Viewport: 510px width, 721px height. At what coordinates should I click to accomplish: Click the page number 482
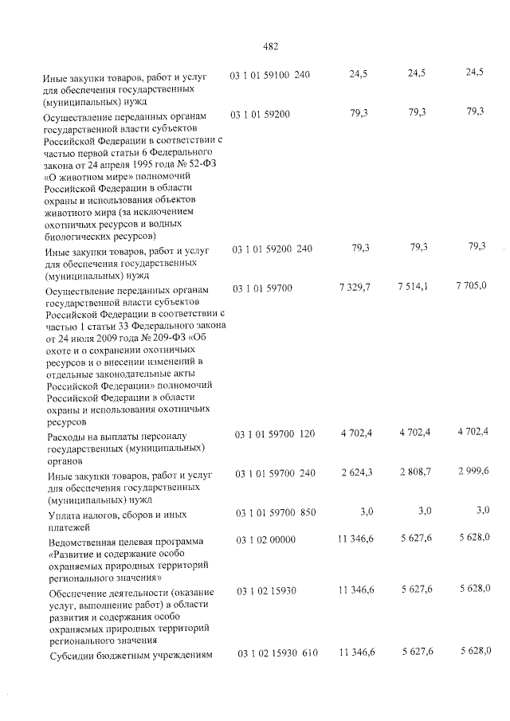point(269,46)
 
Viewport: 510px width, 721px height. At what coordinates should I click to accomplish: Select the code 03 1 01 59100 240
point(270,75)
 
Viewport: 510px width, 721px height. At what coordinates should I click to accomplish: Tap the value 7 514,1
point(413,285)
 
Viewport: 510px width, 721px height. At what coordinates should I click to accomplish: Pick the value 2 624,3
point(356,472)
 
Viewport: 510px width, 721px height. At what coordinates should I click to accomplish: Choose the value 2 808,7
point(414,472)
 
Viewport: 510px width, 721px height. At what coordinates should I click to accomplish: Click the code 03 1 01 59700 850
point(275,511)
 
